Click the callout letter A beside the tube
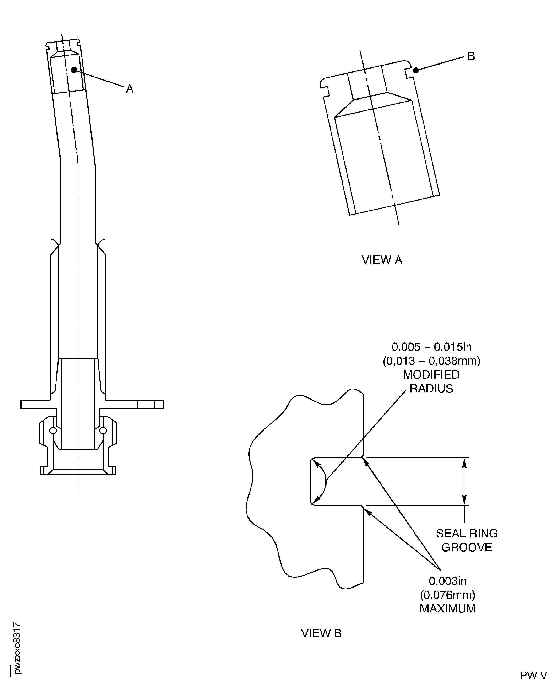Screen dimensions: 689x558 tap(129, 89)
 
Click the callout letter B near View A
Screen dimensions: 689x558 tap(471, 56)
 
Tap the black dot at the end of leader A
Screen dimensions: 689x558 tap(74, 70)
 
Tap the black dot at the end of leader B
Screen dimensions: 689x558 tap(416, 70)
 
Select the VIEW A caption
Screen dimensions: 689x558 tap(382, 260)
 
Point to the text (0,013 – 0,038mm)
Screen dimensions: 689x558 tap(431, 361)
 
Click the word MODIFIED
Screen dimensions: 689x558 tap(431, 375)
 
